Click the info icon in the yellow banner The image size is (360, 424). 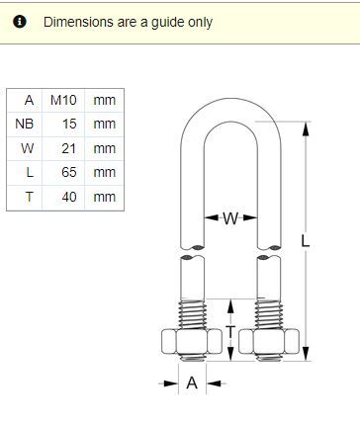tap(20, 22)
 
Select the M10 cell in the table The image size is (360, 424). tap(63, 100)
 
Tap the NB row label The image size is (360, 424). tap(25, 124)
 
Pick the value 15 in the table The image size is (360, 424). tap(69, 124)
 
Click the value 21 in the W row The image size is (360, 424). tap(69, 148)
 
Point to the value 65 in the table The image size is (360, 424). tap(69, 172)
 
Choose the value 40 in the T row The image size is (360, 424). tap(69, 197)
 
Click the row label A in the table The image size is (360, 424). tap(29, 100)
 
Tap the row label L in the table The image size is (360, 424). tap(30, 172)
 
